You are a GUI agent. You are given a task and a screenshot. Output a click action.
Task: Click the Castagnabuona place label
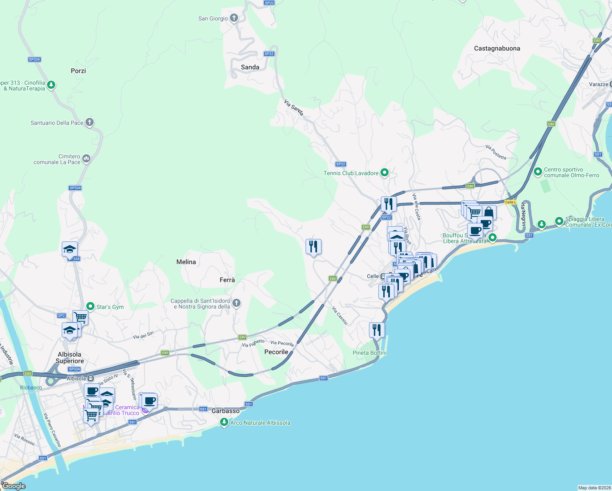[497, 48]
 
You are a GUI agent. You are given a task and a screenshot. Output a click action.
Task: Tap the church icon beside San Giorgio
[234, 18]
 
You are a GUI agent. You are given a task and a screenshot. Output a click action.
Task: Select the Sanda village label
[250, 67]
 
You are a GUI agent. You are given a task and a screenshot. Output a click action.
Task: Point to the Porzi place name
[78, 71]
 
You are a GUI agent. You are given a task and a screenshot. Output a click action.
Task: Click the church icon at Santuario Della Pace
[90, 122]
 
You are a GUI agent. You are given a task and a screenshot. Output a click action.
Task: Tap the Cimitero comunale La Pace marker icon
[86, 158]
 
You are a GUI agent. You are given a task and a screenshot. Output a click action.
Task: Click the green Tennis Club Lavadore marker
[384, 173]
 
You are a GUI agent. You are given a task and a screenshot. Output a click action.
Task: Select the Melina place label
[186, 262]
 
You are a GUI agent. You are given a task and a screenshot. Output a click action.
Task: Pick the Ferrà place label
[227, 280]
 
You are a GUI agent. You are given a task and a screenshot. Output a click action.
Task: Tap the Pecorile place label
[276, 352]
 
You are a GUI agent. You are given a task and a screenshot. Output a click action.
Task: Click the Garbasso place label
[225, 411]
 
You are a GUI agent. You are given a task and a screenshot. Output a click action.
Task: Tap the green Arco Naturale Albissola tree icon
[224, 422]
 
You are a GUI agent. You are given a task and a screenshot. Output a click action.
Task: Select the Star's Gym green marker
[90, 306]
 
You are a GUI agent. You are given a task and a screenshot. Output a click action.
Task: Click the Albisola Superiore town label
[70, 358]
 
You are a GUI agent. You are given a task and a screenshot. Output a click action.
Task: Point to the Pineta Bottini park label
[369, 353]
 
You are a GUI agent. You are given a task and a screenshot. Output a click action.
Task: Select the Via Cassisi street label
[340, 316]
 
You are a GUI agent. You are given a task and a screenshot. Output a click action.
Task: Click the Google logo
[14, 486]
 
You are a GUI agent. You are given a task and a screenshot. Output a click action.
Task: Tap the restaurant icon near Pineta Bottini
[377, 329]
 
